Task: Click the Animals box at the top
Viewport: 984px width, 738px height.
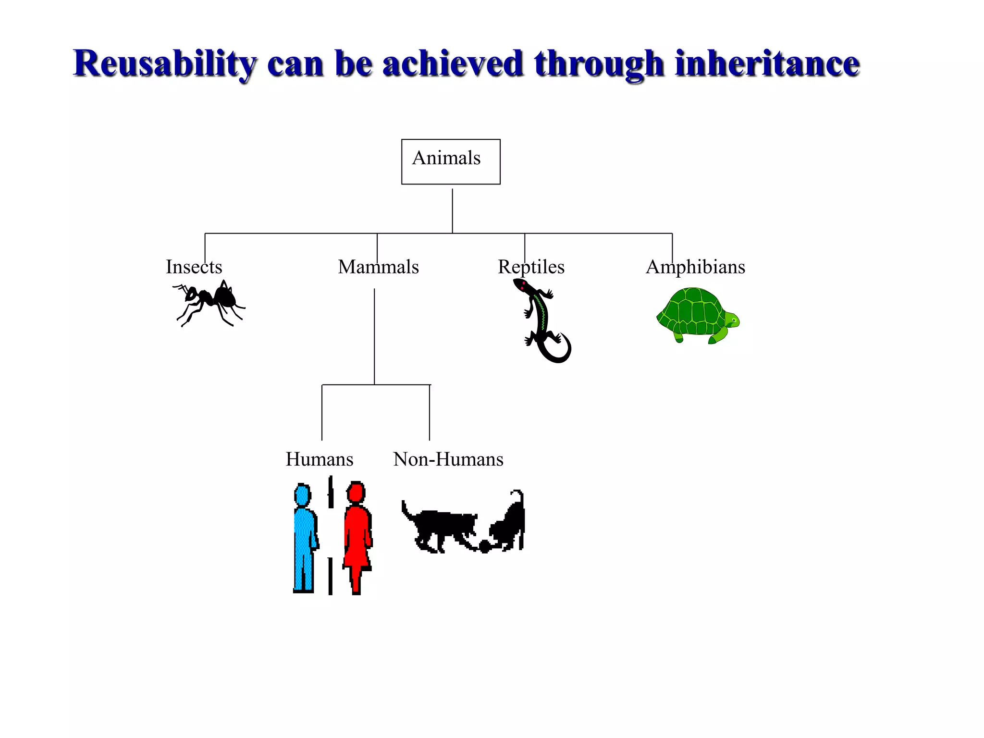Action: [x=451, y=161]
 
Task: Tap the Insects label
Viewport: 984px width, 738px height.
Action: [x=194, y=267]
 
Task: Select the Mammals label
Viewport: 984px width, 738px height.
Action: [x=378, y=267]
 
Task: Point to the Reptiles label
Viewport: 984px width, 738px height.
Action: [x=531, y=267]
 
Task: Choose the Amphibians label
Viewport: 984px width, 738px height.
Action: [x=695, y=267]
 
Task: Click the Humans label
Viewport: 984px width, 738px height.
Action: [x=319, y=459]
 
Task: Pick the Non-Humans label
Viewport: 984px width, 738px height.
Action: [x=448, y=459]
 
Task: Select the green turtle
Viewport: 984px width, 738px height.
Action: [x=694, y=315]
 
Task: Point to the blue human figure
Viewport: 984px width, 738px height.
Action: [x=304, y=538]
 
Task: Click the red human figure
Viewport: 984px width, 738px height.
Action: [x=357, y=538]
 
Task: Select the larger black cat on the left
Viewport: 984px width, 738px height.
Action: [x=440, y=529]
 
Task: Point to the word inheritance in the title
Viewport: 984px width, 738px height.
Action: [x=767, y=63]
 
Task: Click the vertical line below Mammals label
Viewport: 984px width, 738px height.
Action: [x=374, y=336]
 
